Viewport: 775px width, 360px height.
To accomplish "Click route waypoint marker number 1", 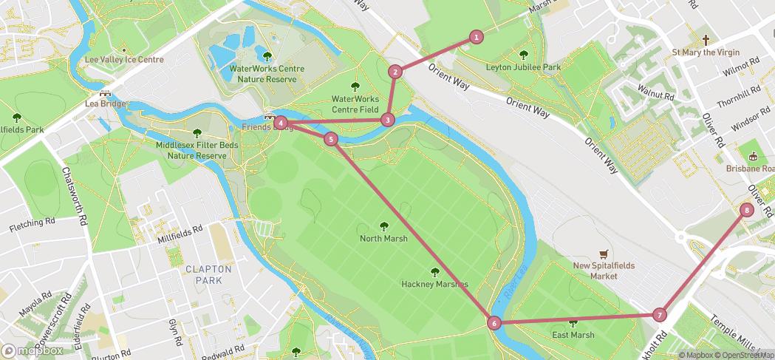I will coord(477,36).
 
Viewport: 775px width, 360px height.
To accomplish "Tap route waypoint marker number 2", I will coord(396,72).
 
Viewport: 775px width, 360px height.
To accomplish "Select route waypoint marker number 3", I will coord(388,120).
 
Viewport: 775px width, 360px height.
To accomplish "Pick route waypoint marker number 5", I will coord(330,139).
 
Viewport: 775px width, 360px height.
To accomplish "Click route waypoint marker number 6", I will coord(494,322).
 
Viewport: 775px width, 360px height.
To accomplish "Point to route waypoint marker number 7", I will coord(660,315).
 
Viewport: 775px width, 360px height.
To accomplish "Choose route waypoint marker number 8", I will coord(747,210).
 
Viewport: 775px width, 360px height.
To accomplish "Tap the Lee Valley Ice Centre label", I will coord(124,59).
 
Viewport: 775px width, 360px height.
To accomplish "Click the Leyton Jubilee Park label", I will coord(524,67).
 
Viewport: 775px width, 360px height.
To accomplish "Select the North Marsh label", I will coord(383,239).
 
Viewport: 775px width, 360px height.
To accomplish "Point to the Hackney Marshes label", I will coord(434,284).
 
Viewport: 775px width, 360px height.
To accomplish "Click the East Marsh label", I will coord(573,335).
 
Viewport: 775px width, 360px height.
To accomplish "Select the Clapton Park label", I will coord(208,275).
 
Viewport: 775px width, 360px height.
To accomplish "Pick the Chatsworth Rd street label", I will coord(75,193).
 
